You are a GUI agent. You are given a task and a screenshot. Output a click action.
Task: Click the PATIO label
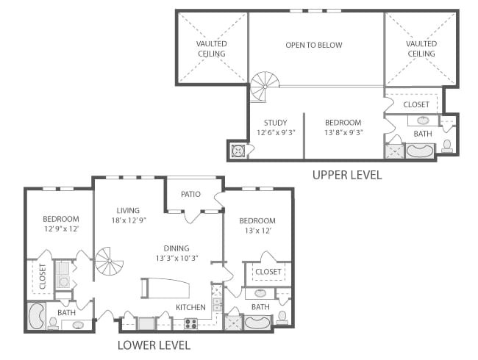point(190,194)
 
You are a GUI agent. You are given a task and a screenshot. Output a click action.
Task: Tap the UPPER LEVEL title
point(347,175)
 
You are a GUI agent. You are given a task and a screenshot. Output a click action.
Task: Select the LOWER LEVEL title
point(154,345)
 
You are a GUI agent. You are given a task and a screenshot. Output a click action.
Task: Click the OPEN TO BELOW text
point(314,45)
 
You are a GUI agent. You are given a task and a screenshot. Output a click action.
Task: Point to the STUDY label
point(275,123)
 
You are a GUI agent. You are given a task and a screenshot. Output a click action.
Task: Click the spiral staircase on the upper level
point(265,87)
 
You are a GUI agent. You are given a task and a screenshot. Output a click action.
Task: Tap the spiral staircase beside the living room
point(109,261)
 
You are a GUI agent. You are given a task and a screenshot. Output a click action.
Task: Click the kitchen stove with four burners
point(191,323)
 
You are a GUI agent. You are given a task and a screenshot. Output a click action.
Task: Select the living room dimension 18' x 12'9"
point(129,220)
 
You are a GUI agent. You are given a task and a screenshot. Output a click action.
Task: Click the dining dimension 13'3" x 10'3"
point(176,259)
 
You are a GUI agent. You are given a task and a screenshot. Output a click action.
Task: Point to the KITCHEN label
point(191,307)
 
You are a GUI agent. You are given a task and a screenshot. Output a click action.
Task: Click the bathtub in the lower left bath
point(37,315)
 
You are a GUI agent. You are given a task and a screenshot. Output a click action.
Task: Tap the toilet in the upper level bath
point(447,146)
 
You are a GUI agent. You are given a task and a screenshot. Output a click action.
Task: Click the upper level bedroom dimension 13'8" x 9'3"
point(343,132)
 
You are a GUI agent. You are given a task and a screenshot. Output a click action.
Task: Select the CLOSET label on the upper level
point(416,104)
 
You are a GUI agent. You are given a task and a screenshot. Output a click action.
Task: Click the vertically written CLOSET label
point(43,276)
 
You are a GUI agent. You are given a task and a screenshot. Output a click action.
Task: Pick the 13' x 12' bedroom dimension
point(258,231)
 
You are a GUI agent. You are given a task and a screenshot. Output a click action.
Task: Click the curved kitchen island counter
point(165,288)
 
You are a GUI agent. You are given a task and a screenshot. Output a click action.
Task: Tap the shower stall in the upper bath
point(395,151)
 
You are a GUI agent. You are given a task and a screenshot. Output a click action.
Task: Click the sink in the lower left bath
point(78,325)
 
